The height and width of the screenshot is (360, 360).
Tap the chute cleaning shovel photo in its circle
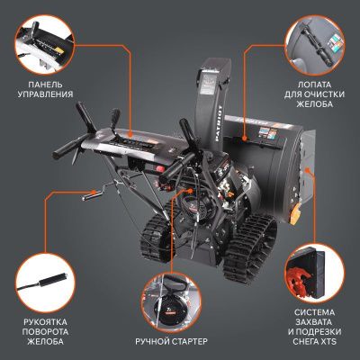[318, 41]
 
